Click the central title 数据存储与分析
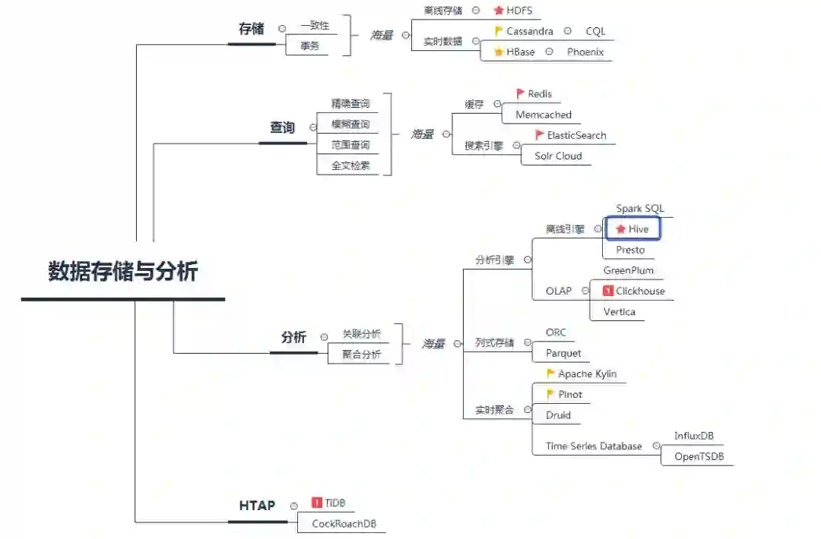point(123,272)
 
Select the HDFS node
point(519,11)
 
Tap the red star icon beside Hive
point(620,229)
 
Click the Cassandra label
point(530,31)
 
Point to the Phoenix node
point(585,52)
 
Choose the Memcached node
point(544,115)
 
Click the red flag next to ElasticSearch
point(540,135)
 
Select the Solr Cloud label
point(558,156)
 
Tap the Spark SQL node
point(639,208)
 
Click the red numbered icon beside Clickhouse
point(607,291)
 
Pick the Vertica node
point(619,311)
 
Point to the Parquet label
point(563,353)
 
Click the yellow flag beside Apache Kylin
point(551,374)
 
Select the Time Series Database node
point(594,446)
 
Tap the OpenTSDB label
point(699,456)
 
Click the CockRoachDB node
point(344,524)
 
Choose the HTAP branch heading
point(257,506)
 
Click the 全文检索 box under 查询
point(350,165)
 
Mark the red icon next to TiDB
point(317,503)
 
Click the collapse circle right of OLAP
point(585,291)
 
